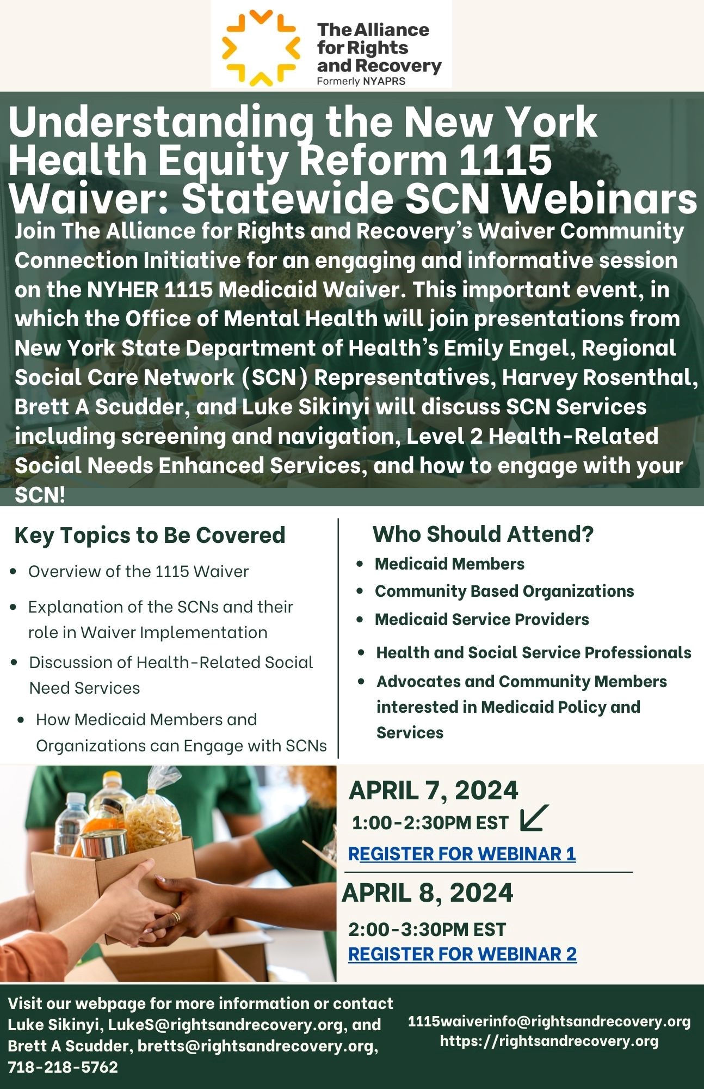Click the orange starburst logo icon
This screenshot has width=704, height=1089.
tap(261, 48)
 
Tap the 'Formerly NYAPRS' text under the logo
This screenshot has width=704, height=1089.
tap(361, 82)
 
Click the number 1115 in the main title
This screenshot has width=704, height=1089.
tap(505, 160)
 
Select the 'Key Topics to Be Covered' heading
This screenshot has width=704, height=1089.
tap(150, 535)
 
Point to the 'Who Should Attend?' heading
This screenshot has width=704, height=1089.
tap(483, 534)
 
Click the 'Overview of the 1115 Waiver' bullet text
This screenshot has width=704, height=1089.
tap(138, 572)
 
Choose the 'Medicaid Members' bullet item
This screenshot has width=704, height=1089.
tap(449, 564)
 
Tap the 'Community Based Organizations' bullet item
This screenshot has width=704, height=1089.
tap(504, 591)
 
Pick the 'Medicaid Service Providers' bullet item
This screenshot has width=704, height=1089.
tap(481, 620)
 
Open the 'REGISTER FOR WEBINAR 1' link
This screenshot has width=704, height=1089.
tap(462, 854)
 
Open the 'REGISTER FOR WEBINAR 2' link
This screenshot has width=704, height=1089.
tap(462, 954)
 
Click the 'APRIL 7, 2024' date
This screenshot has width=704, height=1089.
tap(433, 791)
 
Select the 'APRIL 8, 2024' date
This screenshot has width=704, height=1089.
tap(428, 893)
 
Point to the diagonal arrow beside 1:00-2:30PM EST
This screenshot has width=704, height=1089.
tap(534, 818)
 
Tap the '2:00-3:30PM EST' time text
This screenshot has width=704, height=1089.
tap(427, 929)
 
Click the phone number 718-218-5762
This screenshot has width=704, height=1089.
tap(63, 1067)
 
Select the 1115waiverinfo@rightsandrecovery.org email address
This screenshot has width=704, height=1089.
tap(549, 1021)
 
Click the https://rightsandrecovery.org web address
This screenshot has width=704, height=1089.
tap(549, 1041)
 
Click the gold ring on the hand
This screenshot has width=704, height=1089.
tap(175, 916)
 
